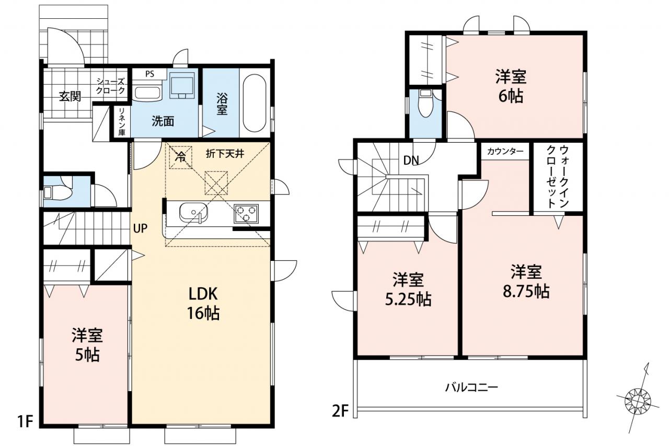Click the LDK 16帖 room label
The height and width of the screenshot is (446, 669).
click(203, 303)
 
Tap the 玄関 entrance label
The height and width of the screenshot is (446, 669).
click(70, 97)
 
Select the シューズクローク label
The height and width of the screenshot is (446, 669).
click(110, 86)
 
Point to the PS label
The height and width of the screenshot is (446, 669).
click(149, 74)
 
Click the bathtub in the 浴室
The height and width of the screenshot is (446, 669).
click(255, 103)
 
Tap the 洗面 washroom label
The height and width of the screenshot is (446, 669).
click(163, 121)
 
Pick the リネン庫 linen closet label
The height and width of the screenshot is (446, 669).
click(122, 122)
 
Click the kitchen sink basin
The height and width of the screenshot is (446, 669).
click(193, 212)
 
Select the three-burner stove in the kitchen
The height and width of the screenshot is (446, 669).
click(246, 214)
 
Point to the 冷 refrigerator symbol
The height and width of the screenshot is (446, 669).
click(180, 157)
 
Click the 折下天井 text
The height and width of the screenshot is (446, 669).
click(225, 154)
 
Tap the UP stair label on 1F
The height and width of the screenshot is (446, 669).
click(140, 228)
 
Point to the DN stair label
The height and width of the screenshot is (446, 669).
click(411, 161)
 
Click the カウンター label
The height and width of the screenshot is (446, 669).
click(505, 152)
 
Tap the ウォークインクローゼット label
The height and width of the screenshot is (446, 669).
click(557, 176)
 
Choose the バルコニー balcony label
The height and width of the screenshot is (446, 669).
click(472, 388)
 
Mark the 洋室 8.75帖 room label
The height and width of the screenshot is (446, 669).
click(526, 281)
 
